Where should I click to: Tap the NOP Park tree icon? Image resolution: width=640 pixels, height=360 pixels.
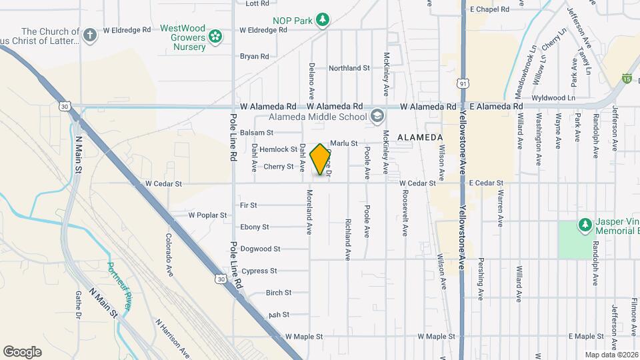click(323, 20)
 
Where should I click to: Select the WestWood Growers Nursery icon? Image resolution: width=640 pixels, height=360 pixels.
click(215, 37)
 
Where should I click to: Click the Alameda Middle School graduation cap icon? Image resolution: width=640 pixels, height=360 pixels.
click(377, 117)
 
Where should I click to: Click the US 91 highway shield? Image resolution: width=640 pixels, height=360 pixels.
click(463, 83)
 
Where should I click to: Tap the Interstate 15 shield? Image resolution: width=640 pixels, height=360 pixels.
click(626, 79)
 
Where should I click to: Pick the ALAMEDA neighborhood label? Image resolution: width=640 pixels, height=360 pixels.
click(420, 137)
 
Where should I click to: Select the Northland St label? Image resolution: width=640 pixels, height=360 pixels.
click(349, 68)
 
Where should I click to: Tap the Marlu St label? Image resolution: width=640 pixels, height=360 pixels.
click(345, 143)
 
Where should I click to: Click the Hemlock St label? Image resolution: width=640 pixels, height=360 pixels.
click(278, 149)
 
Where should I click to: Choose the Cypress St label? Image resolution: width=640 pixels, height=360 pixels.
click(259, 271)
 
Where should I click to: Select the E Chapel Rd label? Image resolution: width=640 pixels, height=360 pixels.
click(489, 9)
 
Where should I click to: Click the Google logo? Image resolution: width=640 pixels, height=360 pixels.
click(22, 351)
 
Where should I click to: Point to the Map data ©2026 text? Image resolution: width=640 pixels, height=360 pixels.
click(611, 355)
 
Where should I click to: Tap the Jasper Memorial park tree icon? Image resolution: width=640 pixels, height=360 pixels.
click(585, 225)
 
